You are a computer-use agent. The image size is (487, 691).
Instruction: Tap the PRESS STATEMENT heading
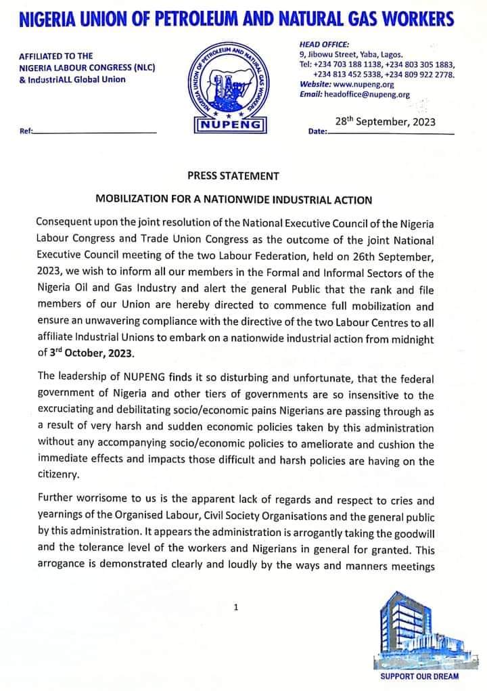(233, 176)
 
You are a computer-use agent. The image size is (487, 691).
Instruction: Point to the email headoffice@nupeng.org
(367, 95)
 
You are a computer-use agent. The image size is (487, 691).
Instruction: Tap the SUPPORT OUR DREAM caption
(419, 676)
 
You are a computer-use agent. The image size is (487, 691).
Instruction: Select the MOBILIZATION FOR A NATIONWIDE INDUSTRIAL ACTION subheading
(233, 200)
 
